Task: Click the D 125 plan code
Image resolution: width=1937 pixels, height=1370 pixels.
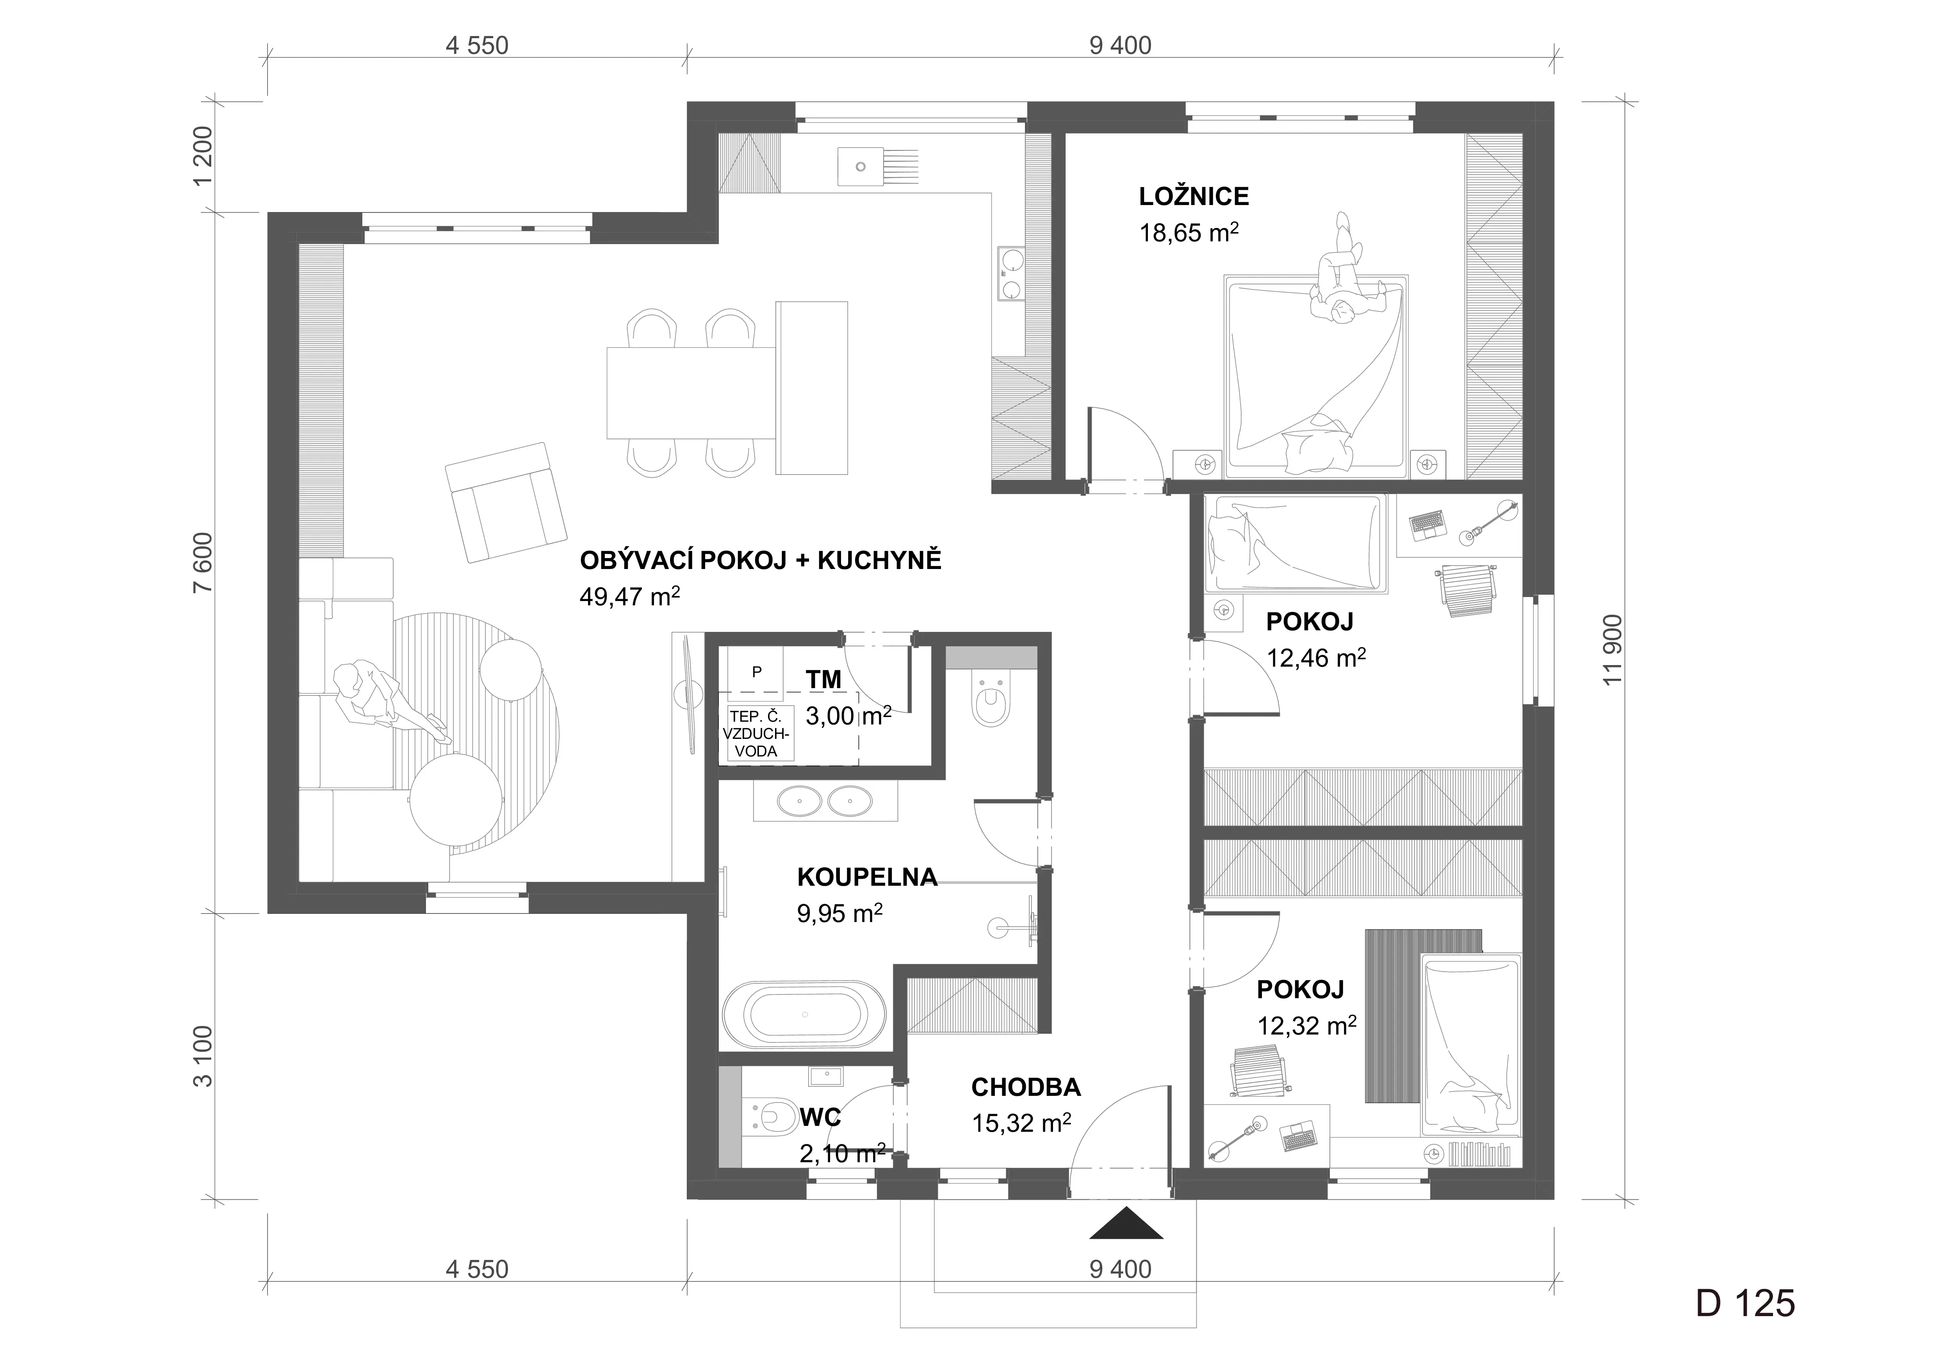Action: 1746,1303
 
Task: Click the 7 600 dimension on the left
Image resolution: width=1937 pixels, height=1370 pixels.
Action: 203,563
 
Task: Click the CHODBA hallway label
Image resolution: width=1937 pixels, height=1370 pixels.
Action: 1026,1087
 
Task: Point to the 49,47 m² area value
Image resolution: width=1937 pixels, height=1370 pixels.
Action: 629,596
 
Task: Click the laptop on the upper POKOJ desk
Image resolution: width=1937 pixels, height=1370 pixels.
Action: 1427,524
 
